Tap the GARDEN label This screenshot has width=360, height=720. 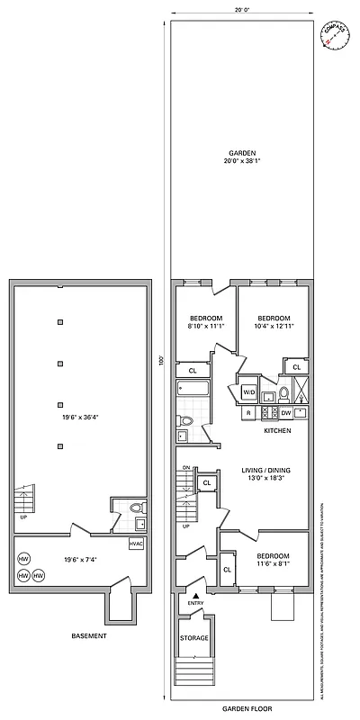coord(240,151)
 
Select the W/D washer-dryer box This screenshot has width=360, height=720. coord(249,392)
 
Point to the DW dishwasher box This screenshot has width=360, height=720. coord(284,412)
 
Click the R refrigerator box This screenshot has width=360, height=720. coord(247,412)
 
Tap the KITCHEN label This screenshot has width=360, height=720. coord(276,431)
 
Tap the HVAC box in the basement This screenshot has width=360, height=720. coord(136,544)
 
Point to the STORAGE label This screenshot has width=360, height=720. coord(195,638)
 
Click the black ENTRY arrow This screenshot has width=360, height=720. coord(195,596)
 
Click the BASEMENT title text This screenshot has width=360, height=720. coord(88,636)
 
